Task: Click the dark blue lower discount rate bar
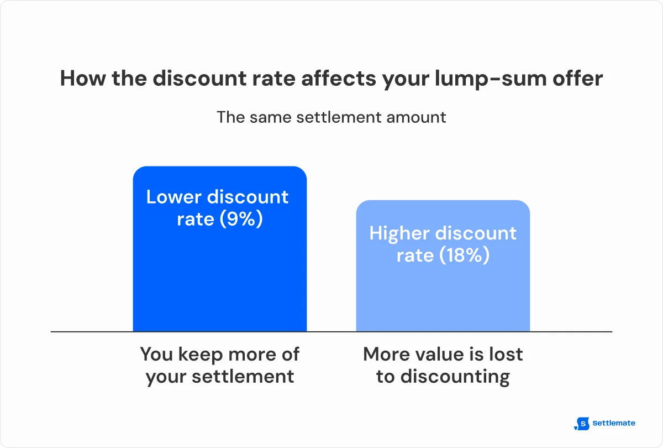(x=219, y=277)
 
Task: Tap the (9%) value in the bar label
(x=241, y=219)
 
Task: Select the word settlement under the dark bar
(x=243, y=377)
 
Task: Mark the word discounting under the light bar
(x=455, y=377)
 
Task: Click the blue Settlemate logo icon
(x=582, y=424)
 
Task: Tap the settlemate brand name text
(x=613, y=423)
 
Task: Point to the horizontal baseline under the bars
(x=331, y=332)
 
